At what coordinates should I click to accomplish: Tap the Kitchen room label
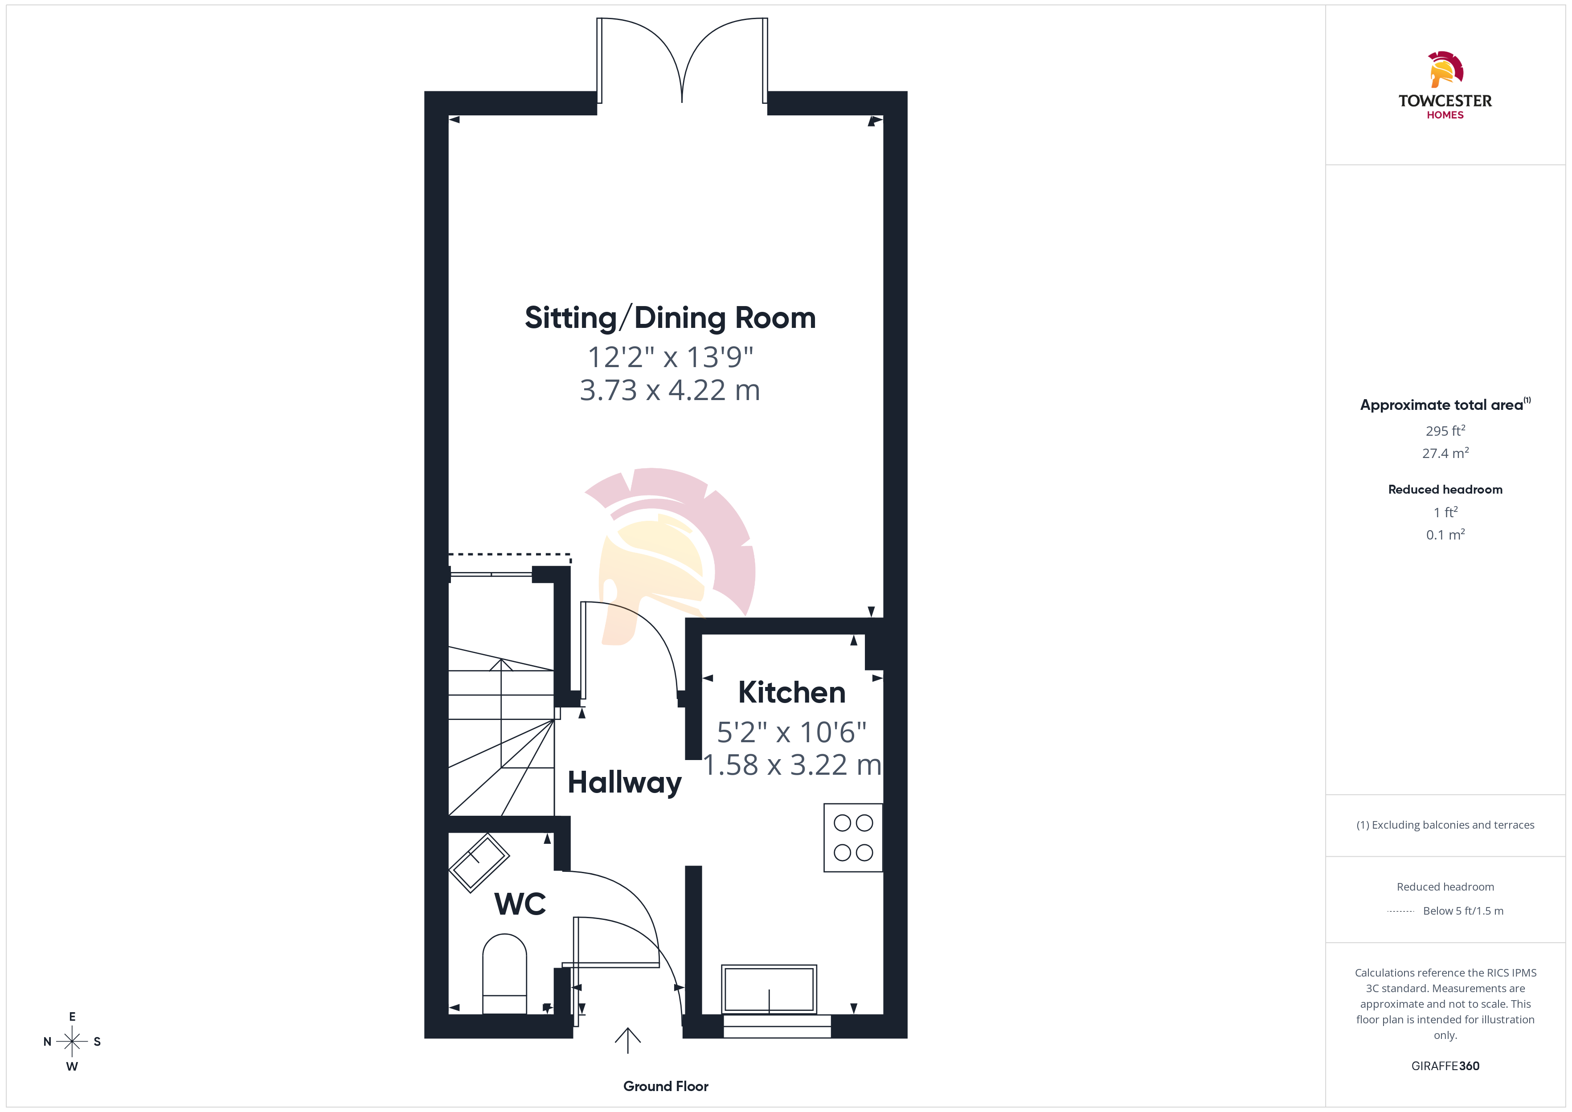click(792, 692)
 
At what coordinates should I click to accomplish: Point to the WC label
click(520, 904)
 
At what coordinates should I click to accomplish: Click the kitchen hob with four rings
click(853, 838)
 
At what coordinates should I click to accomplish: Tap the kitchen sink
click(769, 989)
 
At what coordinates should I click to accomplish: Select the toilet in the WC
click(504, 974)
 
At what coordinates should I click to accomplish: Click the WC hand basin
click(479, 863)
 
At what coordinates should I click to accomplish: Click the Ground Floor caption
click(666, 1086)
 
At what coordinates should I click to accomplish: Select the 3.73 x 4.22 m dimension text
click(670, 390)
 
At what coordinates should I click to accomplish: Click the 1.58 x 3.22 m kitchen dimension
click(792, 765)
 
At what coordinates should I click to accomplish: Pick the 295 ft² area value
click(1445, 431)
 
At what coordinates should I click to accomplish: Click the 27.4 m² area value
click(1445, 453)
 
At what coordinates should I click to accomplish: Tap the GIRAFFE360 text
click(1445, 1066)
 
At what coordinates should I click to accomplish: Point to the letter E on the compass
click(72, 1017)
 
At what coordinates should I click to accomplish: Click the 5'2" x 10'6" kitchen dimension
click(791, 732)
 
